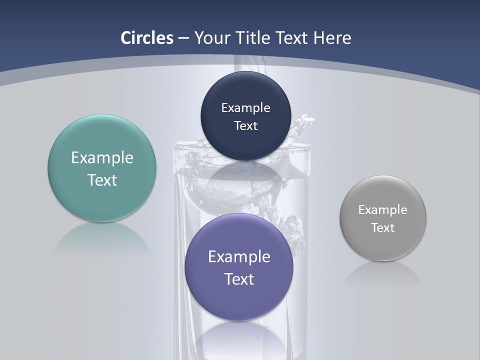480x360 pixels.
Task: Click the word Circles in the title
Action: click(147, 38)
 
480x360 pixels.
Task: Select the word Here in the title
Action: click(331, 38)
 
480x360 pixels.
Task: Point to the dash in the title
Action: click(183, 38)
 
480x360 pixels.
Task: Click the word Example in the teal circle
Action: click(102, 158)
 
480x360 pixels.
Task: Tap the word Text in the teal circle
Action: click(102, 180)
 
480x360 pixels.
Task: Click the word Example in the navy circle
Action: click(245, 108)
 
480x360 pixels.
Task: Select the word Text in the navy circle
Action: click(245, 126)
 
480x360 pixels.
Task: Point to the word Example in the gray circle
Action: click(383, 210)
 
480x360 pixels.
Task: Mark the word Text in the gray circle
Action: click(383, 228)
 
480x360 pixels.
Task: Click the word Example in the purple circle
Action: click(239, 257)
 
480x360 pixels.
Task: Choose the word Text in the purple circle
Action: click(239, 279)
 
